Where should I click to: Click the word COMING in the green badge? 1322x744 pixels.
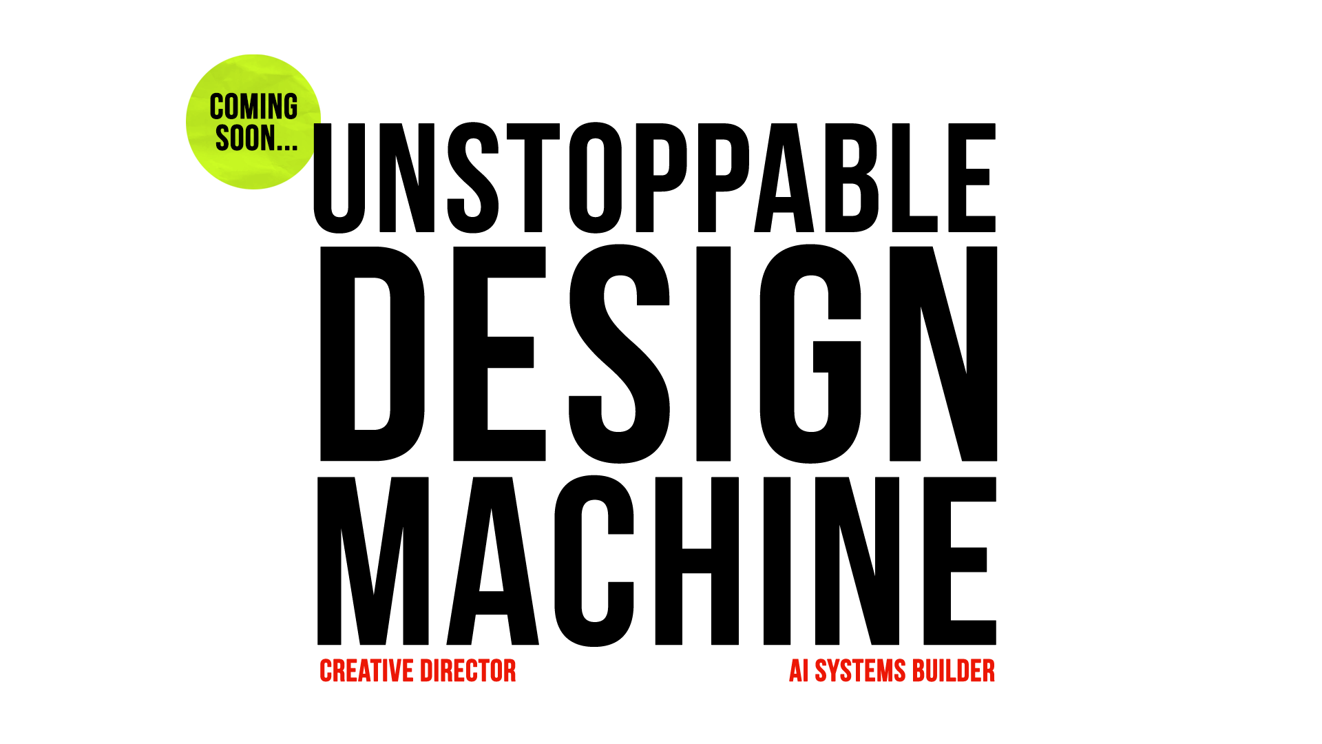coord(253,107)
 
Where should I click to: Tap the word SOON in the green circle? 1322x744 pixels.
coord(244,138)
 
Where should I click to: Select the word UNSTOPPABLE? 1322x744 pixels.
coord(655,178)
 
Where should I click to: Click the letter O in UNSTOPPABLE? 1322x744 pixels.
coord(596,178)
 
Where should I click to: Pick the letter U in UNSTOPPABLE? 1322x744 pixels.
coord(339,178)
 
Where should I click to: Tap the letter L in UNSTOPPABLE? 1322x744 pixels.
coord(915,178)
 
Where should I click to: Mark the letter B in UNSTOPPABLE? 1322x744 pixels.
coord(852,178)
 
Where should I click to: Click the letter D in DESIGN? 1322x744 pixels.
coord(373,353)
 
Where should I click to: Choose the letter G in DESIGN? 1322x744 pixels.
coord(810,353)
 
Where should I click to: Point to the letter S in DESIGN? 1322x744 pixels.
coord(620,353)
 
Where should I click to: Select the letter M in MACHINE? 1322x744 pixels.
coord(373,561)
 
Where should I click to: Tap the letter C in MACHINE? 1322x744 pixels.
coord(594,561)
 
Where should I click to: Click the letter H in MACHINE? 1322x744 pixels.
coord(697,561)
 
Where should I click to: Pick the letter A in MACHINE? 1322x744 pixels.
coord(492,561)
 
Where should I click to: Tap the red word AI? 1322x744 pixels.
coord(799,671)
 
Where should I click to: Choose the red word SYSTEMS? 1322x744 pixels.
coord(861,671)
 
